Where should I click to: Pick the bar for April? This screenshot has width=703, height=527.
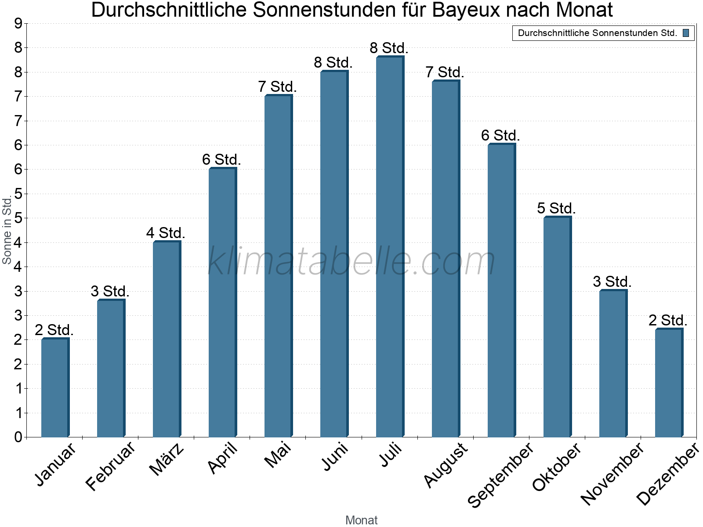222,303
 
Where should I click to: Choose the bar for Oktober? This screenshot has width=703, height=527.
557,327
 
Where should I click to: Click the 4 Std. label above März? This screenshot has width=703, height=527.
166,233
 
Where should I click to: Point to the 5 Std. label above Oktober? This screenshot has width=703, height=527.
556,208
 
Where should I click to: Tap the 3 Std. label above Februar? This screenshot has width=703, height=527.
110,291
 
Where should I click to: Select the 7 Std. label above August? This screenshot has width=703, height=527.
445,72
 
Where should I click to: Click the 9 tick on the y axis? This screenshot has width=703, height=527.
18,24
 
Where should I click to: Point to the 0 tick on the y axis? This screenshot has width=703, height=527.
18,437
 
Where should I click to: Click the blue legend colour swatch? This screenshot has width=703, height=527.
686,33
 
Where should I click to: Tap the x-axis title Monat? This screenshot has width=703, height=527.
361,520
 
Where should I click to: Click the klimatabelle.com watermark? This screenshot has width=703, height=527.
351,261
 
